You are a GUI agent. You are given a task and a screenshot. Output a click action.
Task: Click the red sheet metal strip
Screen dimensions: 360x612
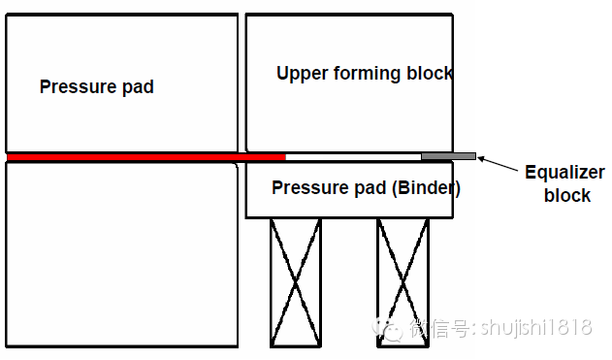145,156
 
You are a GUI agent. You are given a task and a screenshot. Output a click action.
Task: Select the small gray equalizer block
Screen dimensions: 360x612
448,155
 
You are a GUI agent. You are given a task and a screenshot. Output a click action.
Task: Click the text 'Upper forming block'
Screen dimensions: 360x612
365,73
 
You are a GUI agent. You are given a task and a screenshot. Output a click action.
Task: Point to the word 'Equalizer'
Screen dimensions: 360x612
564,174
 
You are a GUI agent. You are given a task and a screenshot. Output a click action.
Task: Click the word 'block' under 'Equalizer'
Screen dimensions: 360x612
567,195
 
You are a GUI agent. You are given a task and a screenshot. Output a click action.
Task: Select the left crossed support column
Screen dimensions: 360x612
295,281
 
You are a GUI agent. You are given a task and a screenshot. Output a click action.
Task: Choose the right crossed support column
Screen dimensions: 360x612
403,281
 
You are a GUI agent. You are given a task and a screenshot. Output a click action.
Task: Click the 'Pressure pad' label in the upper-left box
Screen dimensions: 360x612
96,86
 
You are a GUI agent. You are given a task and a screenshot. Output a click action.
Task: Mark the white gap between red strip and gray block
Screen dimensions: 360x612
353,155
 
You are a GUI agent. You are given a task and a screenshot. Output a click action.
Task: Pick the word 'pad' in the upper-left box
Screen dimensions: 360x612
137,86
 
